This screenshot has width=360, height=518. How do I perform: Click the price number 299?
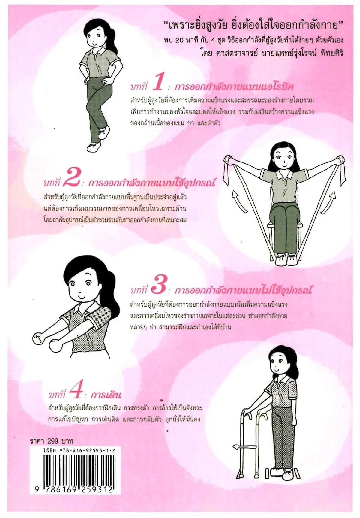(52, 441)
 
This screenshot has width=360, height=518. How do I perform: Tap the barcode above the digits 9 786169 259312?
(75, 470)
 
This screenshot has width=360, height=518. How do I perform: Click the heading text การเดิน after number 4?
(106, 394)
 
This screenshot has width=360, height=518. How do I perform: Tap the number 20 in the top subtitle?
(179, 40)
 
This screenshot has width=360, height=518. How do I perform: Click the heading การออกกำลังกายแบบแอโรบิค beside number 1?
(234, 87)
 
